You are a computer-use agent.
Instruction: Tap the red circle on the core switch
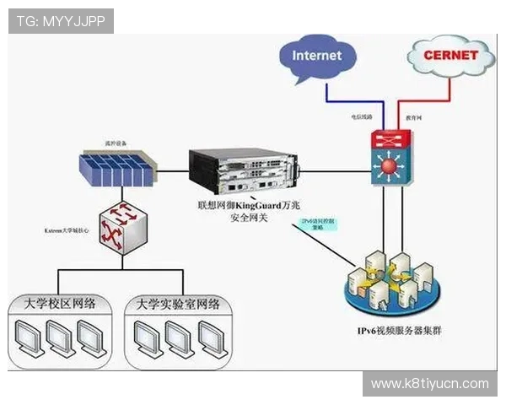click(388, 166)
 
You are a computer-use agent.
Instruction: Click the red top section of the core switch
click(388, 139)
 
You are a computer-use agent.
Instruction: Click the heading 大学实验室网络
click(178, 304)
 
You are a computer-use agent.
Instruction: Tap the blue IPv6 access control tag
click(319, 224)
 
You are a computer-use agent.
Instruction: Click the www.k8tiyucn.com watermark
click(430, 384)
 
